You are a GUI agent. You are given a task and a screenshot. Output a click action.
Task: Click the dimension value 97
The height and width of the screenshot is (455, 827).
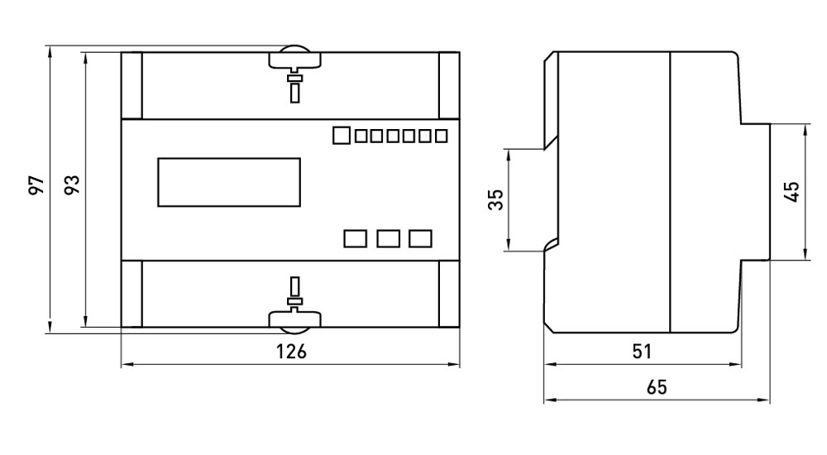[36, 186]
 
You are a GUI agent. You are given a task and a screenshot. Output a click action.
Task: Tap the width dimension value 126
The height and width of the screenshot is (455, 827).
[290, 352]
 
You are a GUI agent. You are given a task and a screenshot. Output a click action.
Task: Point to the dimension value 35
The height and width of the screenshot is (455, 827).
[495, 199]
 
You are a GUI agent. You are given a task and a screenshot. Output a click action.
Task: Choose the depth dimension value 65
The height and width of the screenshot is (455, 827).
[656, 387]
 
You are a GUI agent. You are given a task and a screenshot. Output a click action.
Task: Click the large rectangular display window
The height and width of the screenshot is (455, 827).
[229, 182]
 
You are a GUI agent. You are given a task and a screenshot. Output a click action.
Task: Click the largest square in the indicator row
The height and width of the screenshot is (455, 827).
[342, 135]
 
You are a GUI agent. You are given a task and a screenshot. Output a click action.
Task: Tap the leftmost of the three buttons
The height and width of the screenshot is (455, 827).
[355, 238]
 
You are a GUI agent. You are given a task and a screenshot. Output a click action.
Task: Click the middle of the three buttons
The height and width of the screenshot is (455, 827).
[388, 238]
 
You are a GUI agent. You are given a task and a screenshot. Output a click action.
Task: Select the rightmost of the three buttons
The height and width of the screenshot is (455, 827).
[420, 238]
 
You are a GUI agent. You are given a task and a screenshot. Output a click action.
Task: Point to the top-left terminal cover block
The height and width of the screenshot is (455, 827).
[131, 85]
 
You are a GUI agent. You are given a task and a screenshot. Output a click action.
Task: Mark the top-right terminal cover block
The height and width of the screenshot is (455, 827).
[448, 85]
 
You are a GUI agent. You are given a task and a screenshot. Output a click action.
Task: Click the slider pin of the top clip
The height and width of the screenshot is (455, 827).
[294, 87]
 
